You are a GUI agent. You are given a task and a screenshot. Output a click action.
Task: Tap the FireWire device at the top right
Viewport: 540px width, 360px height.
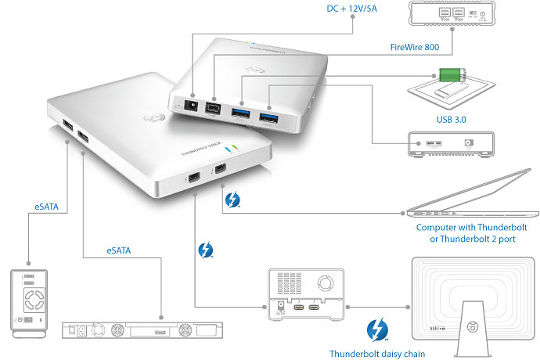[x=450, y=16]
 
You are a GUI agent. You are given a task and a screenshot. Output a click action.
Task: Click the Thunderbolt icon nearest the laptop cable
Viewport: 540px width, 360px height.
[x=232, y=200]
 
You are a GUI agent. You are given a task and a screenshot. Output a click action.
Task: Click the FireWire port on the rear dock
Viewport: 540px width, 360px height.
[x=211, y=113]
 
